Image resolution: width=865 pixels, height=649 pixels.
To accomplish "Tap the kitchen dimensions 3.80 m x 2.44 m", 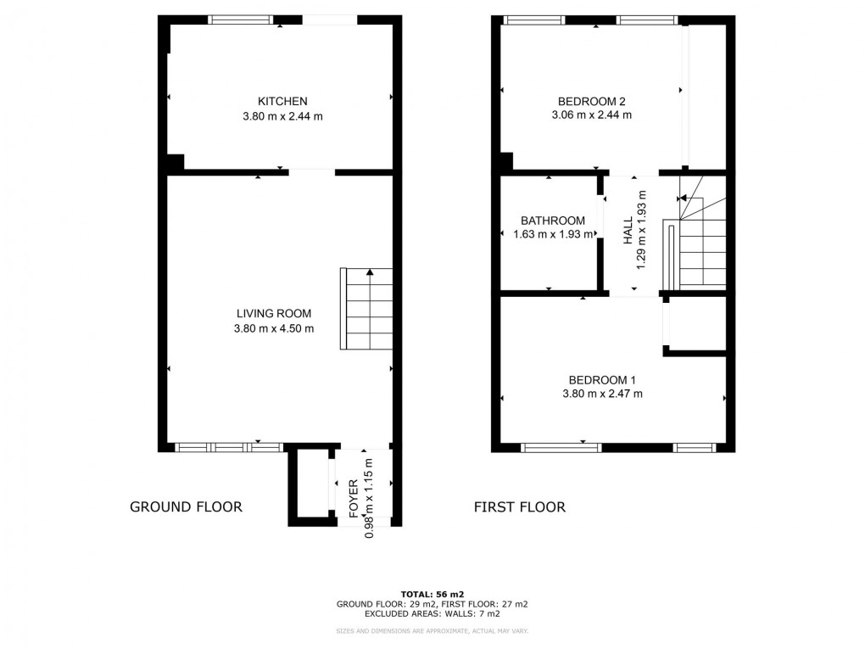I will tap(282, 116).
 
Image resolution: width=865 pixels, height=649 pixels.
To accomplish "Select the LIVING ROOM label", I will tap(274, 313).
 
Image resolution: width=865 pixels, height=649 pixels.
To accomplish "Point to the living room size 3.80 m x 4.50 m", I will tap(274, 328).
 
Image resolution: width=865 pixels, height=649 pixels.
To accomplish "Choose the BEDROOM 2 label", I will tap(592, 101).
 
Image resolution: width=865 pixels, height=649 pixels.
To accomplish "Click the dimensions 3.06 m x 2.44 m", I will tap(592, 115).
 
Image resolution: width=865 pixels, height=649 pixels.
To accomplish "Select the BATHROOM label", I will tap(553, 221).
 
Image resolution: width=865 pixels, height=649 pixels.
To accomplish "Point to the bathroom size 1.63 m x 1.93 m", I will tap(553, 235).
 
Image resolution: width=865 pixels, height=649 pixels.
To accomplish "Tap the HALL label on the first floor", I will tap(628, 230).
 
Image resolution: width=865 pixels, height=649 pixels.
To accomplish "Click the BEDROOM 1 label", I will tap(602, 379).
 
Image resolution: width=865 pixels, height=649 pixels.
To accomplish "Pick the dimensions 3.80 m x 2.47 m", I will tap(602, 394).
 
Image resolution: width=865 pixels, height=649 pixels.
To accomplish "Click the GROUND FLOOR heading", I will tap(186, 507).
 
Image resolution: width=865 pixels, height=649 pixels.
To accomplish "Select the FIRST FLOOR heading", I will tap(520, 507).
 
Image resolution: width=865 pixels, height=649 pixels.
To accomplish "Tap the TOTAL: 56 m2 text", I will tap(432, 594).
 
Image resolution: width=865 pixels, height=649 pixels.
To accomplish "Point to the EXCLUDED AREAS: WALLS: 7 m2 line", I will tap(432, 613).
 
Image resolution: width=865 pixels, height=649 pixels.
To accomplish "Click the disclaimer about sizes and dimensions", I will tap(432, 631).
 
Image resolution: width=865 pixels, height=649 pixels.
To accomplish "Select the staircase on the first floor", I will tap(702, 242).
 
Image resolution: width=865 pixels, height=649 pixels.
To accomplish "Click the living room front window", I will tap(228, 446).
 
